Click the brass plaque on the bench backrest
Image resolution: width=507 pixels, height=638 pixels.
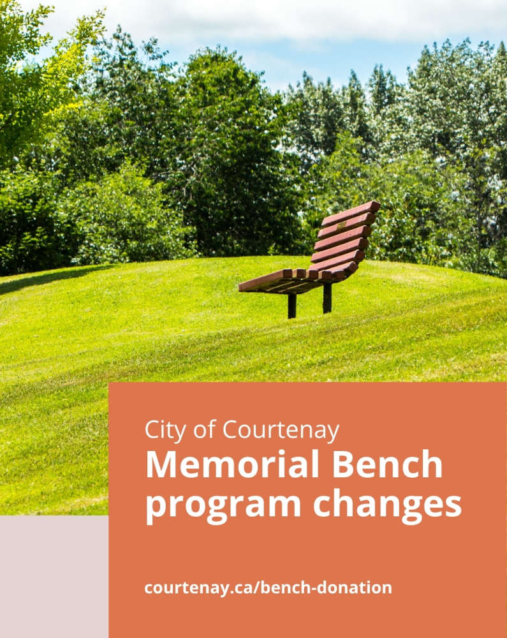tap(341, 225)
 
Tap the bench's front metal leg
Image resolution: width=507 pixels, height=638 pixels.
tap(292, 306)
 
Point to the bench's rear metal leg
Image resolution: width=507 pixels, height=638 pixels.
tap(327, 298)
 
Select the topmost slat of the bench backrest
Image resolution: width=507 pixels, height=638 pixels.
tap(351, 214)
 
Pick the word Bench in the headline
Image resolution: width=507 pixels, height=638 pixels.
tap(388, 464)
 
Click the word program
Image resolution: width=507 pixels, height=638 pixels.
tap(223, 505)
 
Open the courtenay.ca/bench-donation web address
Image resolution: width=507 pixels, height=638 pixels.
tap(268, 588)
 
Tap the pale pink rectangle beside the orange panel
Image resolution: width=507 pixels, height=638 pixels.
tap(54, 577)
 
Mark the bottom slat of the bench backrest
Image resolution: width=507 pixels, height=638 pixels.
tap(334, 269)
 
